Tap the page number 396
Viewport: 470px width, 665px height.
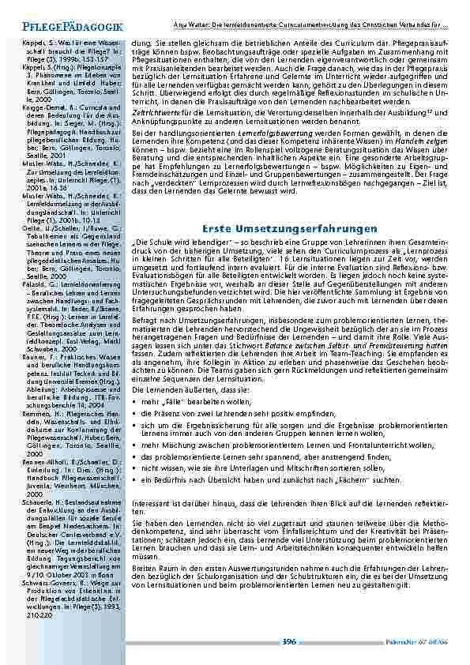click(x=289, y=642)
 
